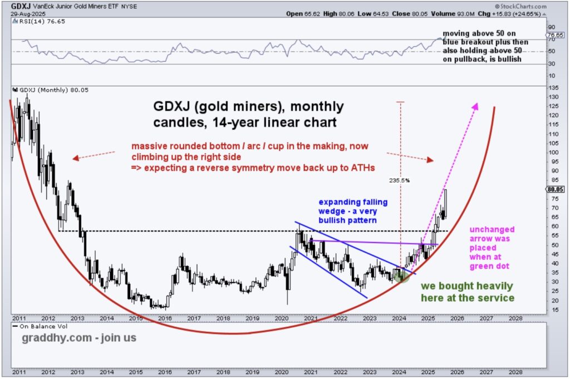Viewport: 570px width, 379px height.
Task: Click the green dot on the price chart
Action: (402, 275)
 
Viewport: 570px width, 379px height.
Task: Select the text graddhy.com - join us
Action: (78, 338)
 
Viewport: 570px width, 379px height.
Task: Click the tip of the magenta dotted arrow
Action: (476, 104)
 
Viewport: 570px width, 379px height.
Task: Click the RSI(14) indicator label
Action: (33, 21)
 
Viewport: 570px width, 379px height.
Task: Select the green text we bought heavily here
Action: (467, 287)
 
